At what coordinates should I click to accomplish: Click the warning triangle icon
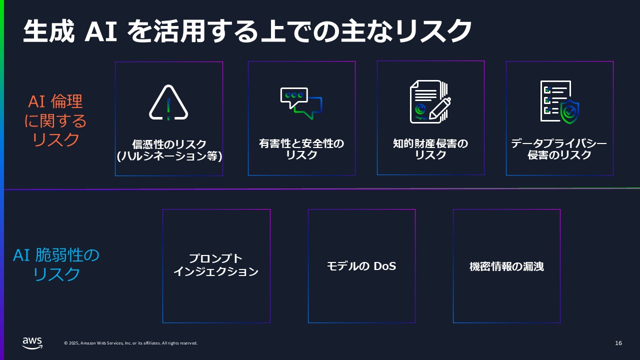coord(168,103)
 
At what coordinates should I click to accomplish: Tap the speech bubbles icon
coord(301,103)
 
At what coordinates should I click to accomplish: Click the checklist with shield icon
coord(559,102)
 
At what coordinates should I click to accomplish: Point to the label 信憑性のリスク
coord(169,144)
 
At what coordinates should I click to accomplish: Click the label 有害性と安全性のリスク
coord(301,149)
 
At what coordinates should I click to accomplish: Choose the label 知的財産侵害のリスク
coord(430,149)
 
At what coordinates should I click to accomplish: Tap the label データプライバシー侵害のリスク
coord(559,149)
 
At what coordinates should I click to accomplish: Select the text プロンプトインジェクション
coord(215,265)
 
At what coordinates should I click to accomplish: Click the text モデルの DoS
coord(361,266)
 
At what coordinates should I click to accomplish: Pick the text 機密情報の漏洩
coord(506,266)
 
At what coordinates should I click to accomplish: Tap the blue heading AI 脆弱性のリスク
coord(56,264)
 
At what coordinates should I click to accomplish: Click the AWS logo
coord(32,343)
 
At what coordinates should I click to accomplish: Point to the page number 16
coord(618,343)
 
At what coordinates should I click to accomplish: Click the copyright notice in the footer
coord(130,343)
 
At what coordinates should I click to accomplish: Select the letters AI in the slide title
coord(101,31)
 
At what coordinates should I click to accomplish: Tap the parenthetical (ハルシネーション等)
coord(169,156)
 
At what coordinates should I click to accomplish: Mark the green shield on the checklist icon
coord(569,112)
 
